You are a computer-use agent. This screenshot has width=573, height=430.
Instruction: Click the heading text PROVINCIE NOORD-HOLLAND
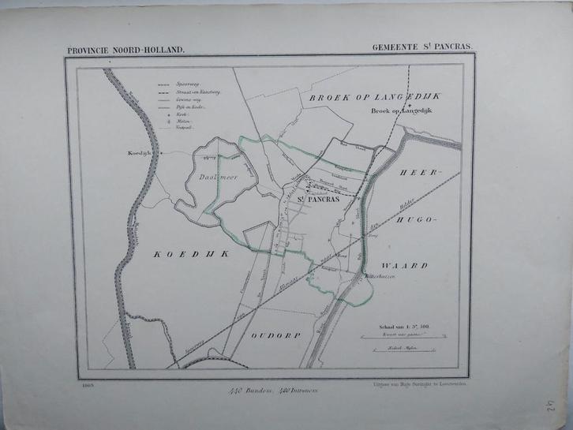click(127, 50)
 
